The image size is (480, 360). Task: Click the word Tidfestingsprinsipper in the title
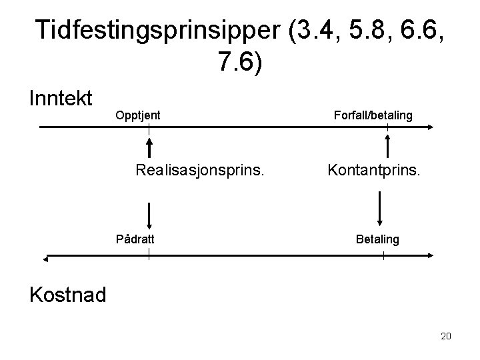(159, 30)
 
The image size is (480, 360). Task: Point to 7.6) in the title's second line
(240, 62)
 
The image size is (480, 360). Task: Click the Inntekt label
(61, 99)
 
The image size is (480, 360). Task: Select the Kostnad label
(67, 293)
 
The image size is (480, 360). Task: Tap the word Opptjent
(138, 115)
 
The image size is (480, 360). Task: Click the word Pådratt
(137, 238)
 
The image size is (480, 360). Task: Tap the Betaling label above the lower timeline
(378, 238)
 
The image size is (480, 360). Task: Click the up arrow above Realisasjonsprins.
(149, 148)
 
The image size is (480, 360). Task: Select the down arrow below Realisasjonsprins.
(149, 215)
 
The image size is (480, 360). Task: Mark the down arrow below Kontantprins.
(379, 210)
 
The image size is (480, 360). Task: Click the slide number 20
(446, 336)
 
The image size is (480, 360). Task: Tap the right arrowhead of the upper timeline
(432, 126)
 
